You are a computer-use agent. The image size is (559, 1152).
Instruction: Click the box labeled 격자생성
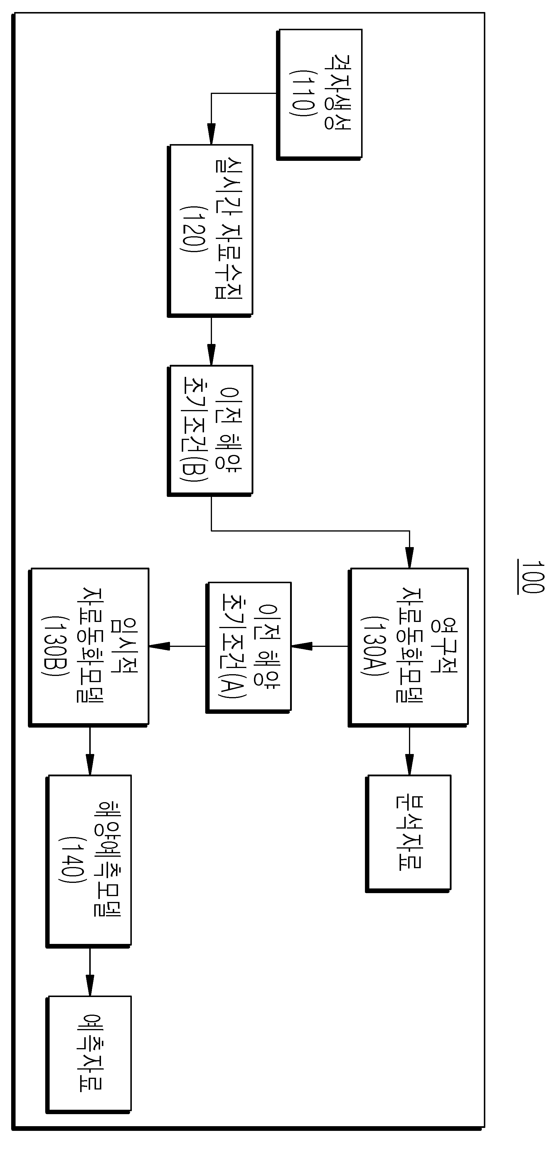click(319, 94)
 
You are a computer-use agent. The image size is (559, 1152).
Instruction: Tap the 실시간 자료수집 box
click(210, 231)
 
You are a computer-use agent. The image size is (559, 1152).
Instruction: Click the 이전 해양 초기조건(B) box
click(210, 431)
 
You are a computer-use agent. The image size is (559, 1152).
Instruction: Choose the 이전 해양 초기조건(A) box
click(249, 647)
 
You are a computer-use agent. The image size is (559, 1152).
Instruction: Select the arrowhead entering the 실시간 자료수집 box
click(211, 134)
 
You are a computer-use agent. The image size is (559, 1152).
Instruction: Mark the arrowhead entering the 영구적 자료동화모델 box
click(409, 558)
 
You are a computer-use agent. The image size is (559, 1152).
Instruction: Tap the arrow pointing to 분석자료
click(409, 750)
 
